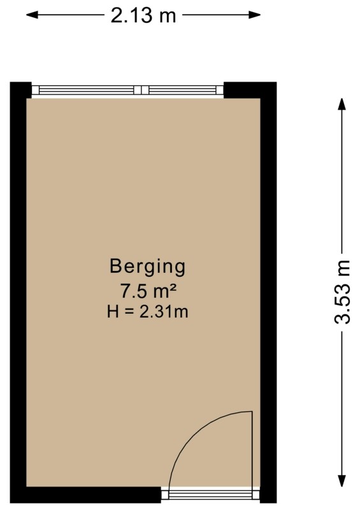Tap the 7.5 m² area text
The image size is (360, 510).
click(x=148, y=291)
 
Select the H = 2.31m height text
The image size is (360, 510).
click(x=148, y=311)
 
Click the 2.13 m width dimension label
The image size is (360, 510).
click(x=143, y=15)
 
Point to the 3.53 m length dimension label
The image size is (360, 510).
click(x=342, y=292)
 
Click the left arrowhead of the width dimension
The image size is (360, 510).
click(x=32, y=15)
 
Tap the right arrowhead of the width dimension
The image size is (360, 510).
click(x=255, y=15)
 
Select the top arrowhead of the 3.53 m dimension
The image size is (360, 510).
click(x=342, y=104)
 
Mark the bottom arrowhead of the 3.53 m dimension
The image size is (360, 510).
click(x=342, y=481)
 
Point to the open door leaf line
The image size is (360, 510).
click(x=252, y=449)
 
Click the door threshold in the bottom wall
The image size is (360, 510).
click(x=210, y=495)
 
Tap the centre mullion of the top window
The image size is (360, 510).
click(x=141, y=90)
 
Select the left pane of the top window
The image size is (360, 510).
click(x=86, y=90)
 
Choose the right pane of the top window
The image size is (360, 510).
click(x=182, y=90)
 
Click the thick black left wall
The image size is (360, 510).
click(x=18, y=293)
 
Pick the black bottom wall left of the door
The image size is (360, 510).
click(x=94, y=495)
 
